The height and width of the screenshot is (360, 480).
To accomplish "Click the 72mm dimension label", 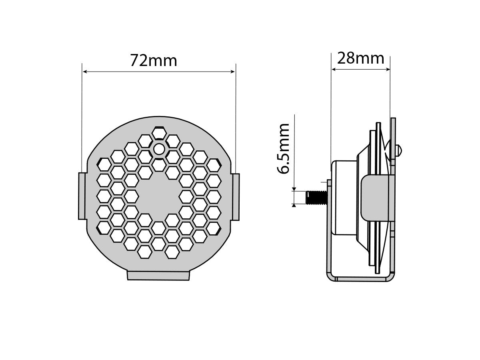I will pos(154,61).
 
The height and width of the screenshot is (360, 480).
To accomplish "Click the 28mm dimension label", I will pos(361,58).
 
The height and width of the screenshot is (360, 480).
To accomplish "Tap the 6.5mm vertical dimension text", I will pos(284,148).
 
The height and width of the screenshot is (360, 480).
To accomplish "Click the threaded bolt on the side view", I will pos(315,197).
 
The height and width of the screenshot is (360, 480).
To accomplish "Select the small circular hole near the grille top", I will pos(159,149).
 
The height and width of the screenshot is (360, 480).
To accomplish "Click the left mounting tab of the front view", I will pos(82,196).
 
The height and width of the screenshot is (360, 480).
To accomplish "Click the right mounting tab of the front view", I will pos(236,196).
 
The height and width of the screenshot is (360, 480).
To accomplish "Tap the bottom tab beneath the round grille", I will pos(158,275).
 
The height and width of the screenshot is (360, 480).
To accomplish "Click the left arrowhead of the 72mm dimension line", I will pos(85,72).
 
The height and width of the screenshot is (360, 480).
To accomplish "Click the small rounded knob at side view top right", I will pos(399,150).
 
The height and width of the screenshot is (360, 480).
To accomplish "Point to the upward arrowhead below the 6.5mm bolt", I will pos(294,205).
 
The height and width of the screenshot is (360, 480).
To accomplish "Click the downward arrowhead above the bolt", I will pos(294,189).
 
